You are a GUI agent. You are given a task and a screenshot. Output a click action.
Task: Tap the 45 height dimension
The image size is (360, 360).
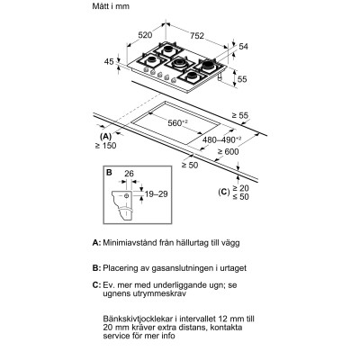110,62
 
